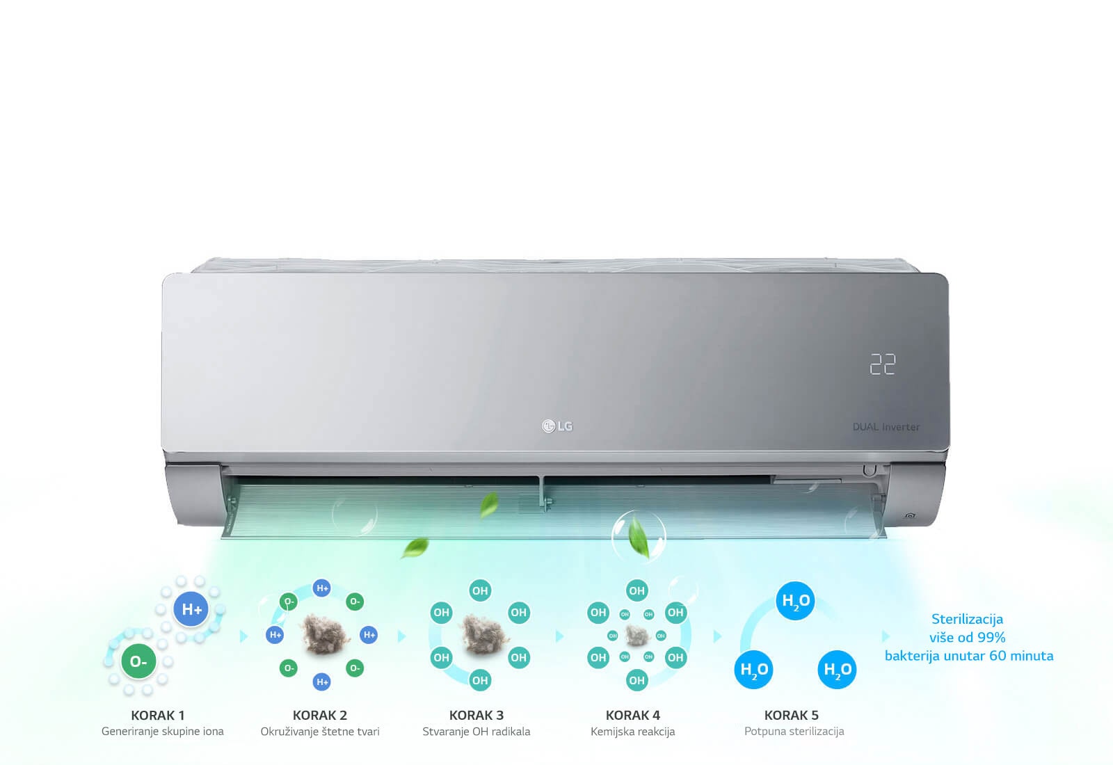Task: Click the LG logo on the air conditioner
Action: point(557,426)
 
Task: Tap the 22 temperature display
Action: point(883,364)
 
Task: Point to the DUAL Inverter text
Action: point(886,427)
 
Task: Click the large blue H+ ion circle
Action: point(192,610)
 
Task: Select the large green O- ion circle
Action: point(138,661)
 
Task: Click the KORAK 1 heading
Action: point(158,715)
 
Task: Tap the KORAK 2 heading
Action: point(320,715)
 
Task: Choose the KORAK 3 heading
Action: point(477,715)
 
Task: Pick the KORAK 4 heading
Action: point(633,715)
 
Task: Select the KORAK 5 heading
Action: point(792,715)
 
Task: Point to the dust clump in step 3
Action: point(480,634)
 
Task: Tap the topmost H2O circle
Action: point(795,601)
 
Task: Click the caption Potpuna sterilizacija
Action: point(794,732)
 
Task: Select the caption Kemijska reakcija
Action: point(633,732)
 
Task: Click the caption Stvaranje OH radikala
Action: point(477,732)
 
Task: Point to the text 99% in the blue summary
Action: point(991,637)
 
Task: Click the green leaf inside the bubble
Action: point(639,538)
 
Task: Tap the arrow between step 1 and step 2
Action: point(243,636)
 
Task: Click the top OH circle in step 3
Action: point(480,590)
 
